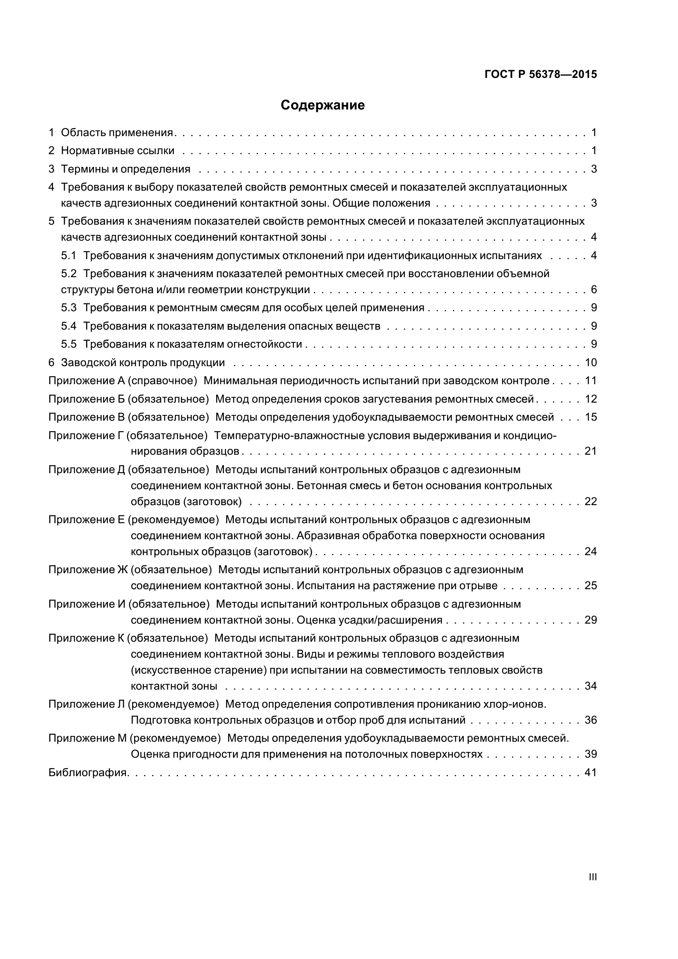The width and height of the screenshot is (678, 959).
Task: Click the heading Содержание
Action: (322, 105)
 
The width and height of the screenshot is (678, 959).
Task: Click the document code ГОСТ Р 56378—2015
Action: (541, 75)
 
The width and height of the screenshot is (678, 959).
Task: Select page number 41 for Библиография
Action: (591, 773)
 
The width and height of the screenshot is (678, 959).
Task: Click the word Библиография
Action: (88, 773)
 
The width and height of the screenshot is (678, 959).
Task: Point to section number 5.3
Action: (69, 308)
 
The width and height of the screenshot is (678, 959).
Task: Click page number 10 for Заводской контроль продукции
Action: (591, 362)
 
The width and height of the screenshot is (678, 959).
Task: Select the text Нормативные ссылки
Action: (118, 151)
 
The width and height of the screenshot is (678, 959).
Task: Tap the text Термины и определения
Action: (126, 169)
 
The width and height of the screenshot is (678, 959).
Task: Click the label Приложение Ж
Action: (87, 570)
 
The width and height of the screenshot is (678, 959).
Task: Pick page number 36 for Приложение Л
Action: (591, 720)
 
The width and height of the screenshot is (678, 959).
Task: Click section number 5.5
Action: (69, 344)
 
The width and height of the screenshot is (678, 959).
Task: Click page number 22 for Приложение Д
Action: (591, 501)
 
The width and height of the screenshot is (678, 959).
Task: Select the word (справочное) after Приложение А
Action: (162, 380)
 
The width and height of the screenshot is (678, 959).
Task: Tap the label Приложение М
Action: (87, 738)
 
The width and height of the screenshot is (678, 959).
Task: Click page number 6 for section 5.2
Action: (594, 289)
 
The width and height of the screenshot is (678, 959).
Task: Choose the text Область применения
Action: (117, 133)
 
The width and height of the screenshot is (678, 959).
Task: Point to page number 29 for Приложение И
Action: (591, 620)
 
